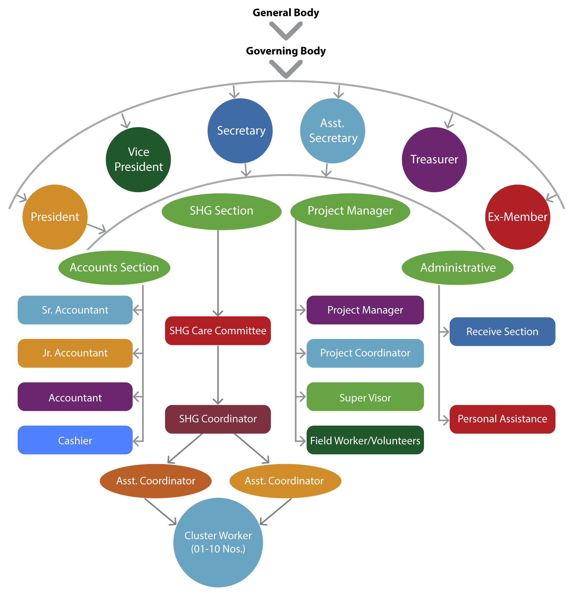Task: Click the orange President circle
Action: click(x=55, y=217)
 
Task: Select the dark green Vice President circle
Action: click(x=138, y=159)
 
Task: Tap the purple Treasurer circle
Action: click(x=434, y=159)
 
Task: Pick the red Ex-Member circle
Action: click(x=517, y=217)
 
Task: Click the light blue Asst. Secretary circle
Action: click(x=332, y=131)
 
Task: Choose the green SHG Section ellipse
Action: click(x=221, y=211)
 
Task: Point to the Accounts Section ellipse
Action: click(x=114, y=268)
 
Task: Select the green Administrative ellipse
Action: click(x=457, y=268)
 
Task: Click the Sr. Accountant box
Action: click(x=75, y=310)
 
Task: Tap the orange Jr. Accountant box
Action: click(x=75, y=353)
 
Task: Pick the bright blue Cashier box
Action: click(x=75, y=440)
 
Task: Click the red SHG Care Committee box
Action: click(x=218, y=331)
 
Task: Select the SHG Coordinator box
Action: click(x=218, y=419)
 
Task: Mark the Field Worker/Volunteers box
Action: click(x=365, y=440)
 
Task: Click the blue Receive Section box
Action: click(x=502, y=332)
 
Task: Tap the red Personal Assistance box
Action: click(x=502, y=419)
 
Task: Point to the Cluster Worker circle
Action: click(x=218, y=542)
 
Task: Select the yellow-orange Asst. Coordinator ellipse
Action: click(x=285, y=481)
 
